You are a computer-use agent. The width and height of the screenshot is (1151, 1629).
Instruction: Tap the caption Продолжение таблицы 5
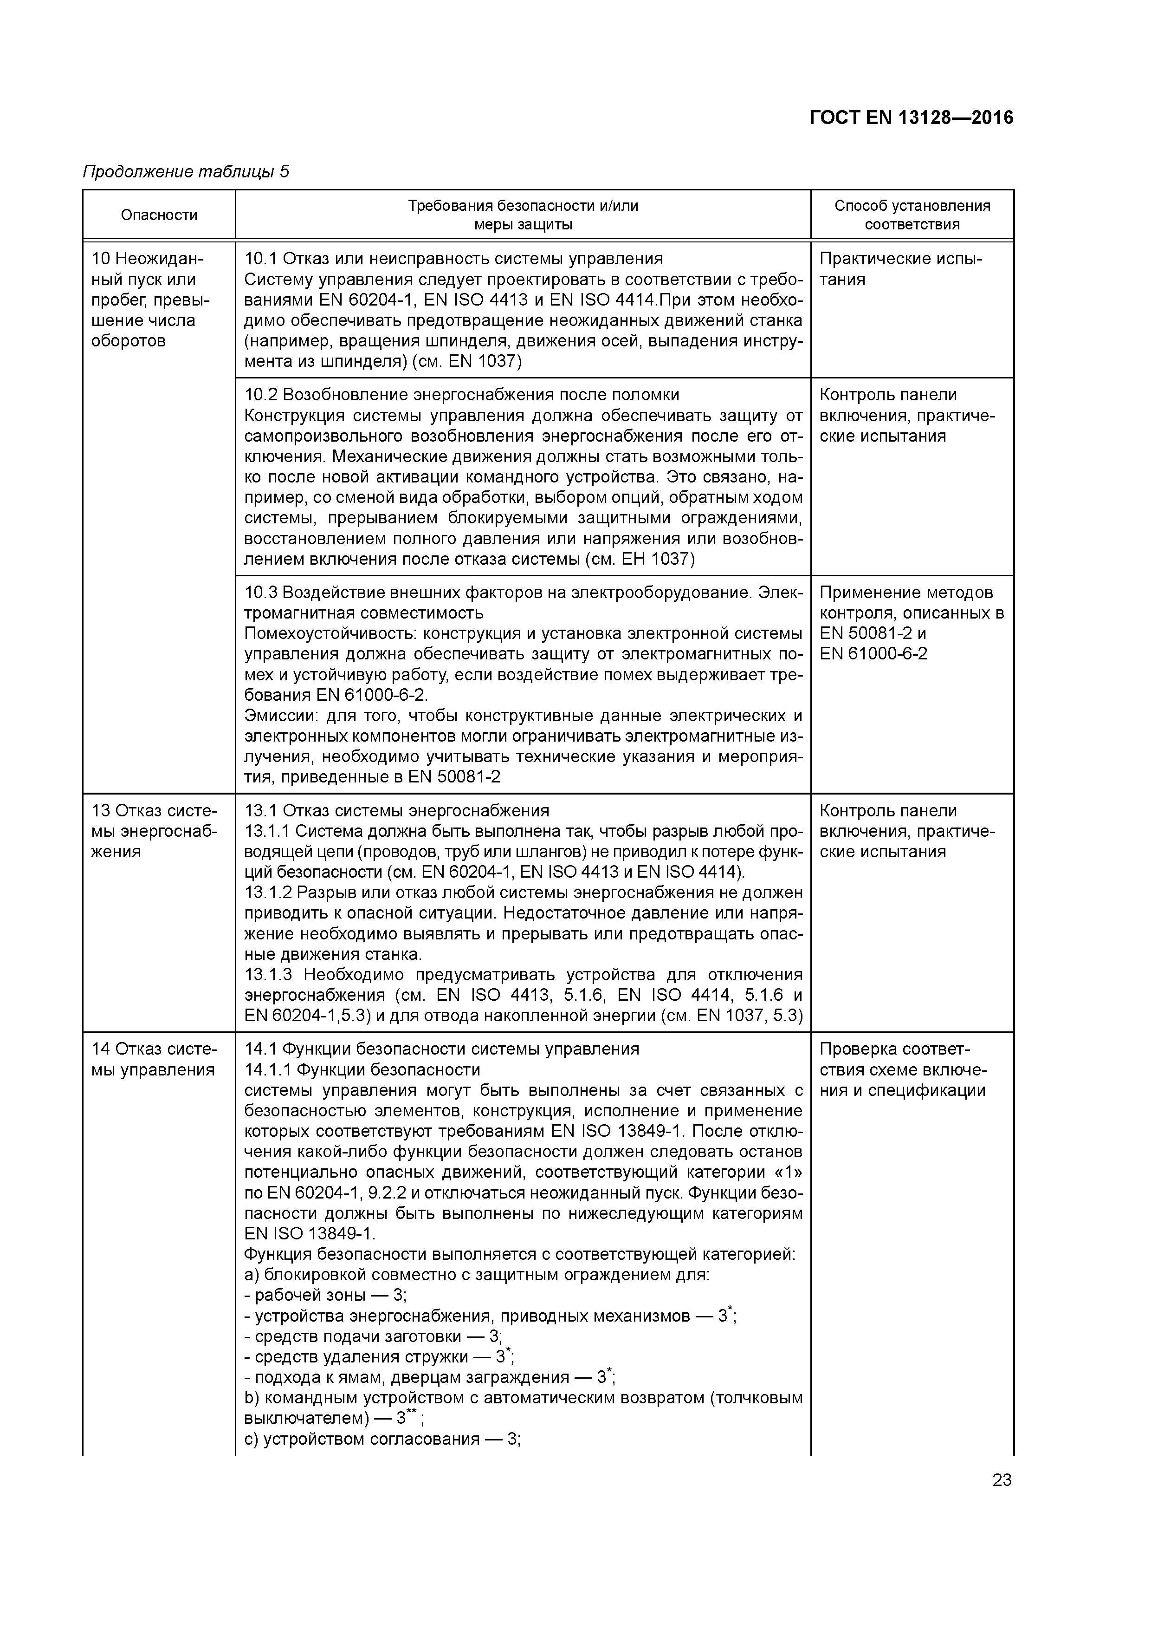click(x=186, y=172)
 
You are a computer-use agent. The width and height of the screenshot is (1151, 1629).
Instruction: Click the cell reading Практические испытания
click(x=901, y=269)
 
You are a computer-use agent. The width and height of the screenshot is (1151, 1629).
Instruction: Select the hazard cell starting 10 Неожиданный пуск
click(x=150, y=300)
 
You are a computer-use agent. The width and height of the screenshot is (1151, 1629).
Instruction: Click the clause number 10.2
click(x=260, y=395)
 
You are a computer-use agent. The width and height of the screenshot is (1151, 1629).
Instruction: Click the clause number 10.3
click(x=260, y=593)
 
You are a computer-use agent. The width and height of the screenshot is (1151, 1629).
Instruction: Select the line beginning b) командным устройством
click(x=523, y=1398)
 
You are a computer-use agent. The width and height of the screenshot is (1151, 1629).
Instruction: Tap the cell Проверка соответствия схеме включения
click(x=902, y=1069)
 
